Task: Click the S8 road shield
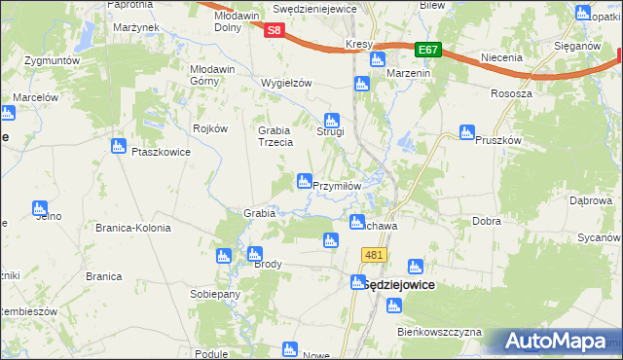pos(275,30)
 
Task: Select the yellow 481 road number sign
pos(375,255)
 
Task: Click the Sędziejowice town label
pos(392,284)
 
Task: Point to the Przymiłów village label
pos(337,185)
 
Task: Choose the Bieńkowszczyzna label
pos(440,332)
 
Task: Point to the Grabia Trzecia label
pos(275,136)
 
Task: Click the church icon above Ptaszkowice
pos(119,147)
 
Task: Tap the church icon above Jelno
pos(40,207)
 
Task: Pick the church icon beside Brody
pos(253,253)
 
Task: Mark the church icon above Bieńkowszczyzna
pos(393,306)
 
